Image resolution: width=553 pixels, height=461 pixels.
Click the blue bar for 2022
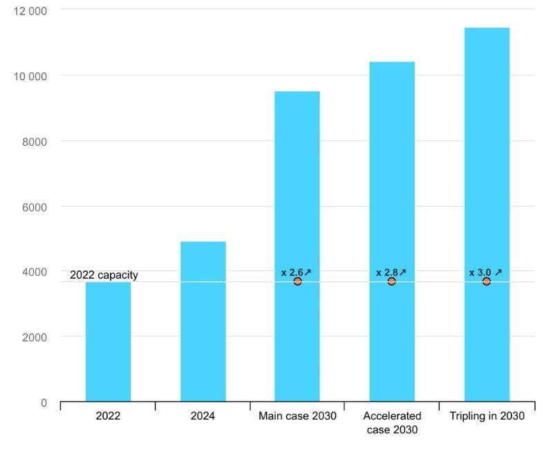pyautogui.click(x=108, y=341)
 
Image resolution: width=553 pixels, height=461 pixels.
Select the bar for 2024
pyautogui.click(x=203, y=321)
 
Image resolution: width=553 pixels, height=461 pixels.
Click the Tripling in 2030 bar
pyautogui.click(x=487, y=152)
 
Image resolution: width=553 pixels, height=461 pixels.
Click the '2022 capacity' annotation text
pyautogui.click(x=104, y=275)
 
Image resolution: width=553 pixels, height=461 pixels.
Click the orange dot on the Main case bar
pyautogui.click(x=297, y=281)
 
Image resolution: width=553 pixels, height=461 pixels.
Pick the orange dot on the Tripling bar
pyautogui.click(x=487, y=281)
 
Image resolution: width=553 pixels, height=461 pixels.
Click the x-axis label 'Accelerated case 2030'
pyautogui.click(x=392, y=422)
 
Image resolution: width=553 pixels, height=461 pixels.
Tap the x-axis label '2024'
pyautogui.click(x=203, y=416)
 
